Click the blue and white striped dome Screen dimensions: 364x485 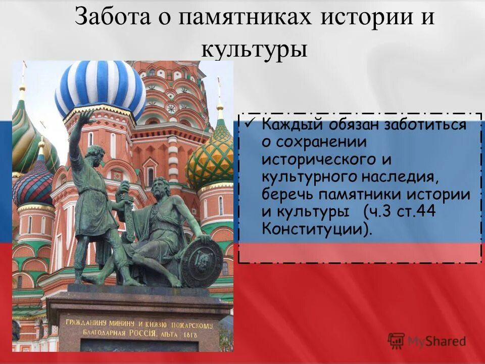(100, 88)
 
